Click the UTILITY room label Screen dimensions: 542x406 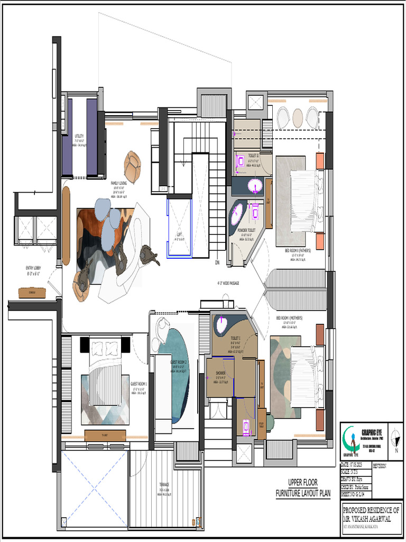tap(79, 136)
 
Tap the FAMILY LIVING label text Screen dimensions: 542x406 tap(119, 183)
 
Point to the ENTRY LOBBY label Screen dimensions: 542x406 tap(36, 268)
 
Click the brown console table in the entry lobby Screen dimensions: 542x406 tap(32, 292)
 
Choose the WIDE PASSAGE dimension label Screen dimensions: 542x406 tap(228, 283)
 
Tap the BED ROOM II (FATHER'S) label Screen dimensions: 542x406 tap(298, 250)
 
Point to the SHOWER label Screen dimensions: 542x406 tap(220, 373)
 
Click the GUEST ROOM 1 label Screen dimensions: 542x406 tap(139, 384)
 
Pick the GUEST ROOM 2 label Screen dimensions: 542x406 tap(179, 362)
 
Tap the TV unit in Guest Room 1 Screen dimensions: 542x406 tap(105, 435)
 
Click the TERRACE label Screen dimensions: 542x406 tap(164, 484)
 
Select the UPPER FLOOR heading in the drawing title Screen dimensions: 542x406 tap(303, 483)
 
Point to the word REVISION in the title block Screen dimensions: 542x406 tap(380, 466)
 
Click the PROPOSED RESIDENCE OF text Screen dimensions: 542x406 tap(371, 510)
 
